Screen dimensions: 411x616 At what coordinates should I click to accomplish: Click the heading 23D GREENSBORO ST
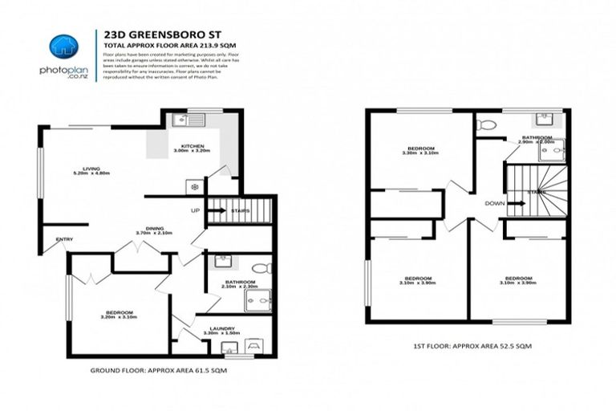pos(151,35)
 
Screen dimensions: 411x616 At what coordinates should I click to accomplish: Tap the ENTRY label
pos(64,240)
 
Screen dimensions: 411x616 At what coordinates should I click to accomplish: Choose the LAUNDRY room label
pos(221,328)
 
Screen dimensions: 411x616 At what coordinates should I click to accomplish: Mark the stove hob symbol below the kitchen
pos(193,186)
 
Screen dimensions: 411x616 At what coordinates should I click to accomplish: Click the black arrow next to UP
pos(217,211)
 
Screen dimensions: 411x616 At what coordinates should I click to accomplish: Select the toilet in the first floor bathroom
pos(485,124)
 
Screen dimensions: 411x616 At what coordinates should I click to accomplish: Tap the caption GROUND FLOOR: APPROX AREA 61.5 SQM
pos(169,372)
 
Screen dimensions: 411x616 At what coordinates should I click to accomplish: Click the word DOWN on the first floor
pos(494,204)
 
